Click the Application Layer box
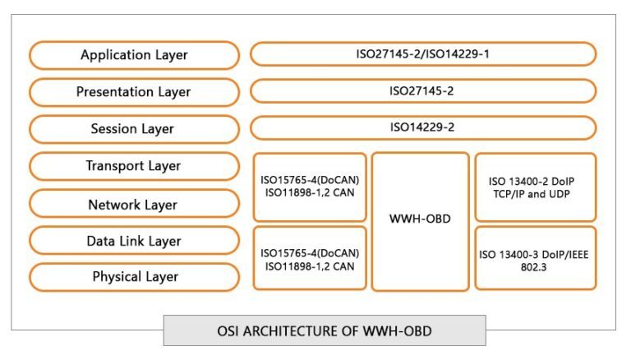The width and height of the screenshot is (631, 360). [x=134, y=55]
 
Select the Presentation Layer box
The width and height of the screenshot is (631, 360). [x=134, y=92]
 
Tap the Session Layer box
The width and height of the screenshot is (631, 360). [x=134, y=129]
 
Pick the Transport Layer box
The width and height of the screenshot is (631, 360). [x=134, y=166]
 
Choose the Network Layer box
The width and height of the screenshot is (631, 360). [x=134, y=204]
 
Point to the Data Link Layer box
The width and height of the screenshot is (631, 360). [x=134, y=241]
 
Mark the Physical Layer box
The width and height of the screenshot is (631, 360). [x=134, y=277]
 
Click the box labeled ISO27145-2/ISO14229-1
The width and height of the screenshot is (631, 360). [x=422, y=54]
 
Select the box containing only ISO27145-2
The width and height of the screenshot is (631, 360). [x=422, y=90]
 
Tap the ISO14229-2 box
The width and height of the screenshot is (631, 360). [x=422, y=127]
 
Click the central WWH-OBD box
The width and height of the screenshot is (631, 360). [x=420, y=221]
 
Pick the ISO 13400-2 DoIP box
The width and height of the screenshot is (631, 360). [x=535, y=187]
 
